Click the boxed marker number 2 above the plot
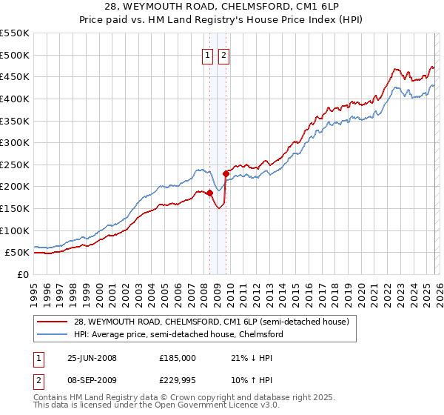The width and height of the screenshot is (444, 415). (x=223, y=53)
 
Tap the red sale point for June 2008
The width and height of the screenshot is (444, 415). (x=209, y=193)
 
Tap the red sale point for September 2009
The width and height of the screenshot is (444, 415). (x=226, y=173)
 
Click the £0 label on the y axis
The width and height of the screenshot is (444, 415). (x=24, y=274)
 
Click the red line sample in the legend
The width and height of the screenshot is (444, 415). (x=53, y=322)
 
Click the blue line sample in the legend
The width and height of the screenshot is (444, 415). (x=53, y=334)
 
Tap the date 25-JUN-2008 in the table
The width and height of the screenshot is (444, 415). (x=92, y=358)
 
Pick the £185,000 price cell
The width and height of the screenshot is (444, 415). (x=178, y=358)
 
